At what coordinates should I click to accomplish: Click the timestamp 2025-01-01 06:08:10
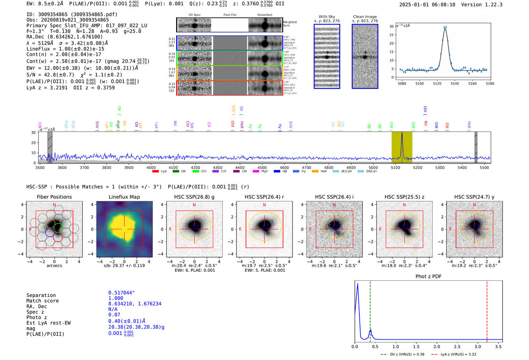[427, 5]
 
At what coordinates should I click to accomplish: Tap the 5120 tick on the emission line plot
[437, 83]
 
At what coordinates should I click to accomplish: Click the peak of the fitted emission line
[445, 29]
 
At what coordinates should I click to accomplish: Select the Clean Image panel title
[365, 17]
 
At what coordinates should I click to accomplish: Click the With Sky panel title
[326, 17]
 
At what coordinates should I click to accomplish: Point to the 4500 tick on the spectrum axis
[262, 167]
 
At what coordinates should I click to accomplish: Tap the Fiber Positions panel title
[54, 197]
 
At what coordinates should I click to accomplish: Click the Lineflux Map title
[124, 197]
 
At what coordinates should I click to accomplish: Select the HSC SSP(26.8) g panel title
[194, 197]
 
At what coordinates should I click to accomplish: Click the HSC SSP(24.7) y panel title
[474, 197]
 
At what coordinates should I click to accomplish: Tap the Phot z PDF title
[428, 277]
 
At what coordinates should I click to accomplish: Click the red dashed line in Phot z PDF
[487, 310]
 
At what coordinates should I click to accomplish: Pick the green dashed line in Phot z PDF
[370, 310]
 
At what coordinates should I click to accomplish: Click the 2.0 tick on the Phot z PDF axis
[437, 346]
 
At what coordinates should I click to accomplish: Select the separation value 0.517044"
[121, 293]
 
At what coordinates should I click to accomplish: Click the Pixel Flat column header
[230, 15]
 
